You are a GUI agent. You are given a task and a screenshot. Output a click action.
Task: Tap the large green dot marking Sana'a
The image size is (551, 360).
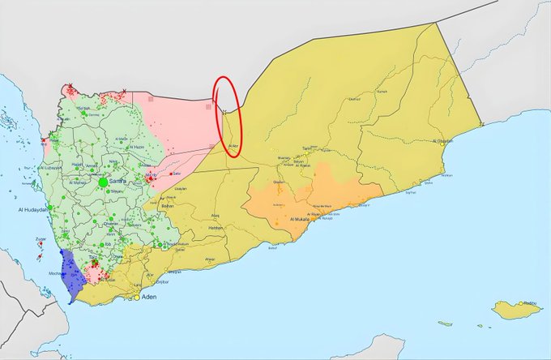pyautogui.click(x=103, y=183)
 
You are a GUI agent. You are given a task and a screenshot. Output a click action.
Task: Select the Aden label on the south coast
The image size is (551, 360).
pyautogui.click(x=148, y=298)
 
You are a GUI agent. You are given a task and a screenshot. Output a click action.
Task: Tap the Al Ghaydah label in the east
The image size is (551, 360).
pyautogui.click(x=444, y=142)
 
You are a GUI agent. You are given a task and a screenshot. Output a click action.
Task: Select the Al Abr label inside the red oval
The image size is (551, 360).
pyautogui.click(x=233, y=146)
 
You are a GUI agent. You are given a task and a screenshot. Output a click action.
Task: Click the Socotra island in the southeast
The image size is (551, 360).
pyautogui.click(x=518, y=309)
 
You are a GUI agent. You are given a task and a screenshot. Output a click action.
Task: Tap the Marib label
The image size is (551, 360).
pyautogui.click(x=152, y=174)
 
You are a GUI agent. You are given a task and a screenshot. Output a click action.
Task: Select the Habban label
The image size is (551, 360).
pyautogui.click(x=216, y=228)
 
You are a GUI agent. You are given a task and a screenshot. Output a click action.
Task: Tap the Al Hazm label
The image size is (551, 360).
pyautogui.click(x=137, y=147)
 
